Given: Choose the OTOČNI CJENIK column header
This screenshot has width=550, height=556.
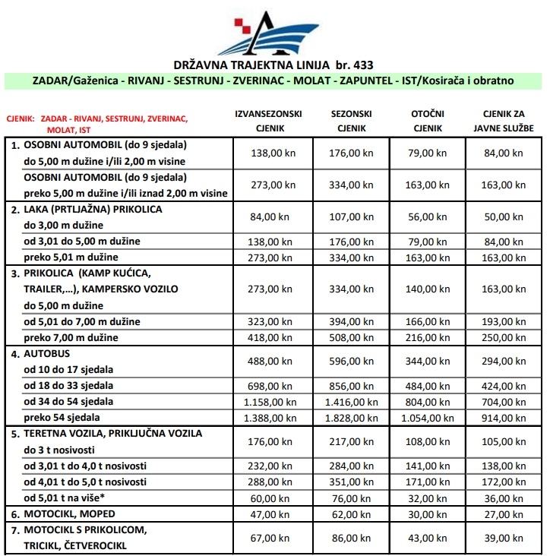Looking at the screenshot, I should pyautogui.click(x=427, y=121).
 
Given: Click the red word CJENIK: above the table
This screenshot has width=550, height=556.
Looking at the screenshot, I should pyautogui.click(x=21, y=119).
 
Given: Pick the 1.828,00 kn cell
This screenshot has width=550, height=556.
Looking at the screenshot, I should pyautogui.click(x=350, y=417).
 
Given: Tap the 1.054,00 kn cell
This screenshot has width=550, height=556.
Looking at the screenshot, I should pyautogui.click(x=427, y=417).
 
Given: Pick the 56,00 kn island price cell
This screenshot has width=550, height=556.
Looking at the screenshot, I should pyautogui.click(x=427, y=216).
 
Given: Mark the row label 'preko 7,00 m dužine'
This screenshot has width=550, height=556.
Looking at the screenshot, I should pyautogui.click(x=71, y=337).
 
